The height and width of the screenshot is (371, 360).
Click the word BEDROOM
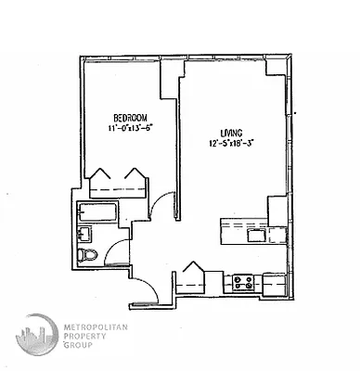point(131,116)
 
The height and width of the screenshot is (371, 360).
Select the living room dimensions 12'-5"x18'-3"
point(232,143)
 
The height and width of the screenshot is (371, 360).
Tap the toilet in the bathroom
point(89,254)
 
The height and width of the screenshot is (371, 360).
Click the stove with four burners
point(243,281)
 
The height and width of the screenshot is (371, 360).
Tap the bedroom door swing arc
point(162,206)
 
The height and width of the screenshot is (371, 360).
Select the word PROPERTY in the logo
point(86,336)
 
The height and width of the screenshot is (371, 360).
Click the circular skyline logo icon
point(36,337)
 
